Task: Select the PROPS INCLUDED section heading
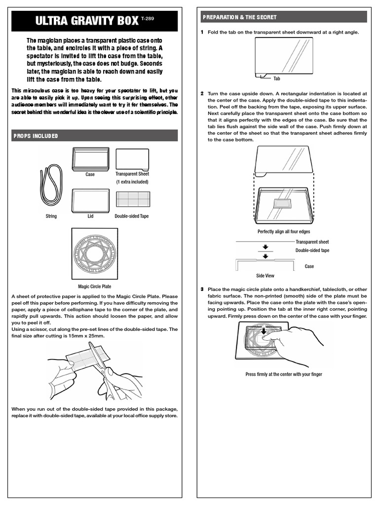pyautogui.click(x=36, y=136)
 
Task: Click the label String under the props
pyautogui.click(x=51, y=216)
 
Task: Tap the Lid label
pyautogui.click(x=90, y=216)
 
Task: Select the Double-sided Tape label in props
pyautogui.click(x=131, y=216)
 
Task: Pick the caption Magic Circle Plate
pyautogui.click(x=94, y=286)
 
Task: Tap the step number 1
pyautogui.click(x=202, y=32)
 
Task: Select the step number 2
pyautogui.click(x=202, y=94)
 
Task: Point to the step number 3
pyautogui.click(x=202, y=289)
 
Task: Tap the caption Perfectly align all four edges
pyautogui.click(x=283, y=232)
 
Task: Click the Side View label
pyautogui.click(x=265, y=276)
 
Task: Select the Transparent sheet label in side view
pyautogui.click(x=312, y=242)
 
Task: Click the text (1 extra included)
pyautogui.click(x=132, y=182)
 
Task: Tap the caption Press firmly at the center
pyautogui.click(x=283, y=374)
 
